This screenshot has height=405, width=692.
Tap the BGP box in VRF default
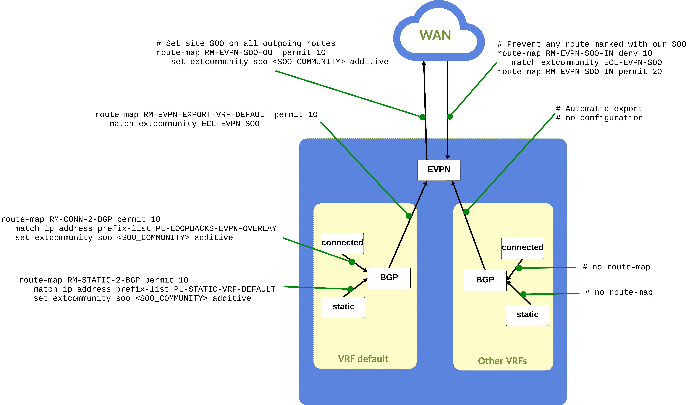point(389,278)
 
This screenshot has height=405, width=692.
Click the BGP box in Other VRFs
point(485,280)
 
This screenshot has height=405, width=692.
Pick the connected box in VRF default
point(342,243)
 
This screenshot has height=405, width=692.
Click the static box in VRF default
point(343,307)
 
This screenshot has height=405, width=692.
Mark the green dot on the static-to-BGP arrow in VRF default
point(350,289)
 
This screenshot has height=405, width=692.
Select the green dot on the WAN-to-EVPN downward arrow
point(450,117)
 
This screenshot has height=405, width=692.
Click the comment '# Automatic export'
point(599,109)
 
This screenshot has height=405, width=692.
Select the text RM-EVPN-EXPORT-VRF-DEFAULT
point(206,115)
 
